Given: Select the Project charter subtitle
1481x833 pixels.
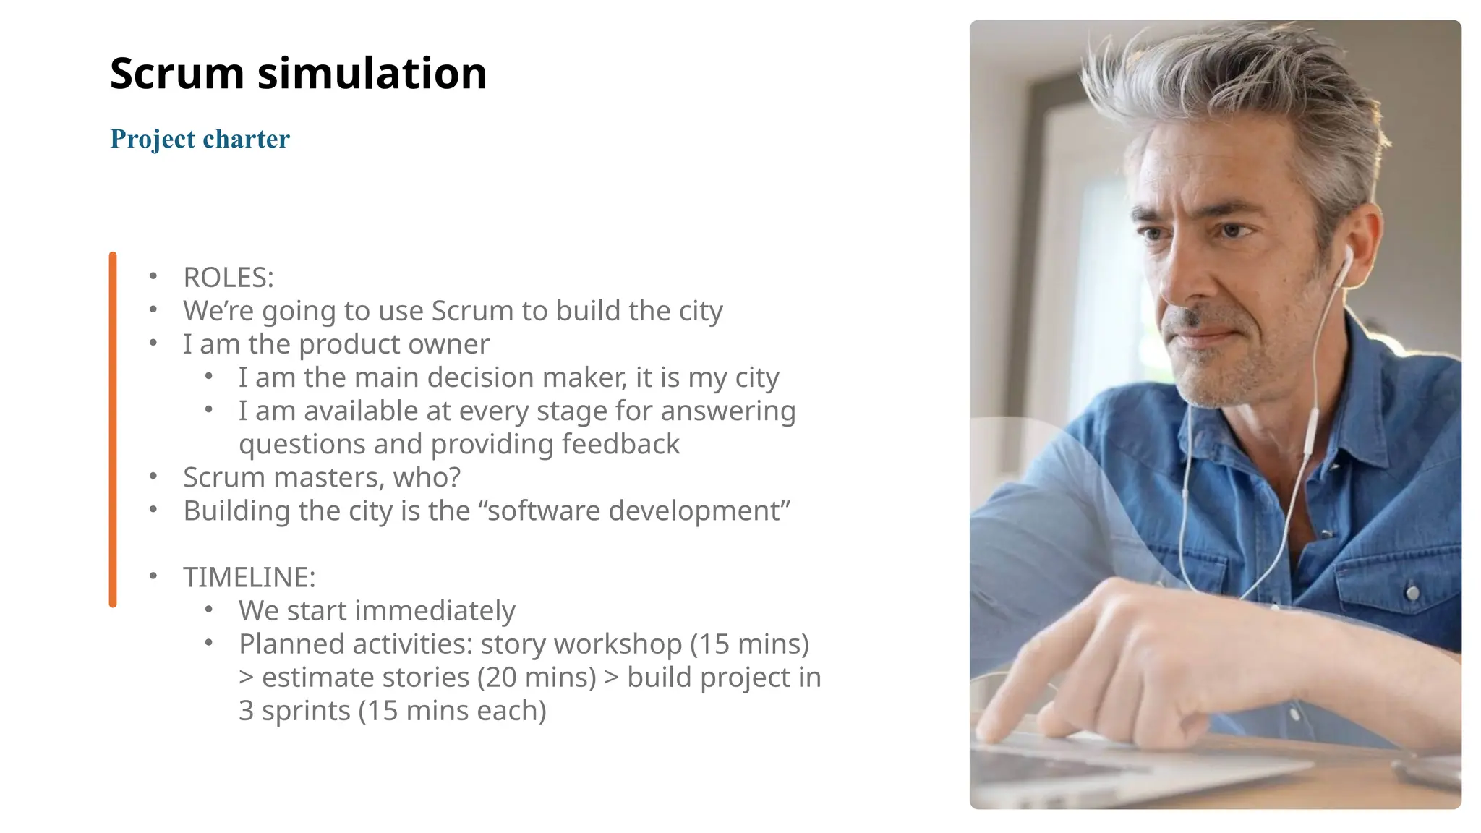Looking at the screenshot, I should point(200,139).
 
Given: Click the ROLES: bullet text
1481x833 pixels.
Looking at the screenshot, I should point(229,278).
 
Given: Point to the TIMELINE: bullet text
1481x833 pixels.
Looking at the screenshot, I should point(249,577).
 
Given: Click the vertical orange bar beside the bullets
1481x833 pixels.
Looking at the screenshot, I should point(113,430).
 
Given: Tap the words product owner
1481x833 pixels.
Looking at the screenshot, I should point(394,344).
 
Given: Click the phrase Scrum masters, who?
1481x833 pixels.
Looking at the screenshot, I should point(322,477).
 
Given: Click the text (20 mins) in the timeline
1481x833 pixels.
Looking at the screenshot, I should point(537,678).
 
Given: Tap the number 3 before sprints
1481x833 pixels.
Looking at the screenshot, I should point(246,711).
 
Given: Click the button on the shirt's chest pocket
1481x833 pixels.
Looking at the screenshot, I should point(1412,593).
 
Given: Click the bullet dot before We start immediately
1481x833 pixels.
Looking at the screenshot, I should point(208,610).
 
